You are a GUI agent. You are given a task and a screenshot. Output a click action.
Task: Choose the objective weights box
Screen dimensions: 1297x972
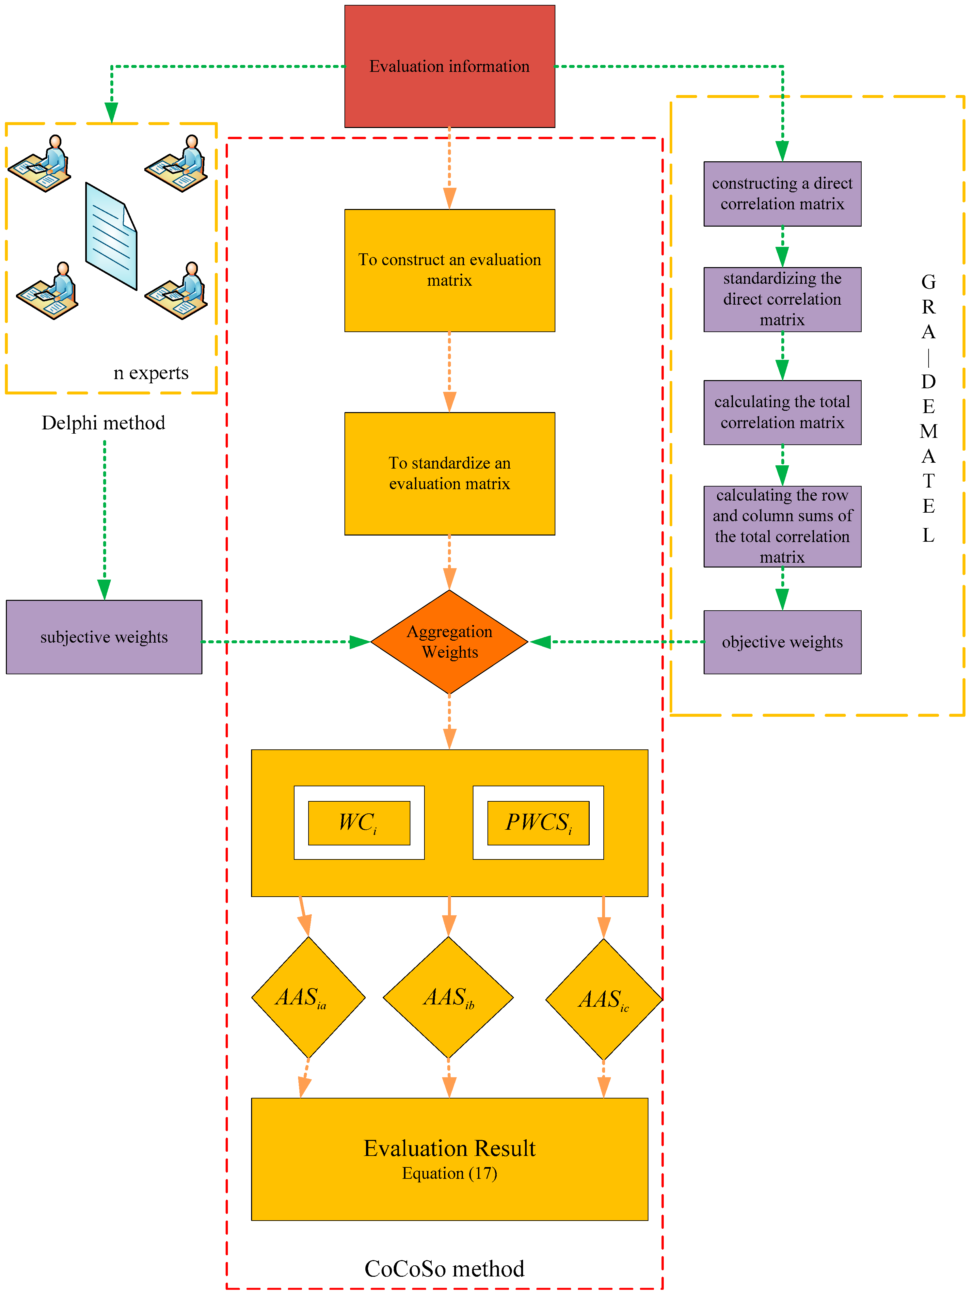tap(782, 642)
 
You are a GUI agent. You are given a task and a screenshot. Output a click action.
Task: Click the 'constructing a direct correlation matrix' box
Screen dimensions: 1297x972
tap(782, 194)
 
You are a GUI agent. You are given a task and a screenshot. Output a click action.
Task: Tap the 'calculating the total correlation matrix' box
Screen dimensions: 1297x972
tap(782, 412)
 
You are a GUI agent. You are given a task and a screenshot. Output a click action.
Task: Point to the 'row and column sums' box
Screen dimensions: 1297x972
tap(782, 526)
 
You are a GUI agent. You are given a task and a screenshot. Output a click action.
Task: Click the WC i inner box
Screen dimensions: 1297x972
tap(359, 823)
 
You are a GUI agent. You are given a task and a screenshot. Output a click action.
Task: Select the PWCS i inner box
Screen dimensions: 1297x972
tap(538, 823)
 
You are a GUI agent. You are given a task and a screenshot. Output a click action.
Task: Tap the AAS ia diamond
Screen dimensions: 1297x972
tap(308, 997)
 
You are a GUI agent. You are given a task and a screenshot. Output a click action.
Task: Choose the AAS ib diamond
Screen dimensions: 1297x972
tap(449, 997)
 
